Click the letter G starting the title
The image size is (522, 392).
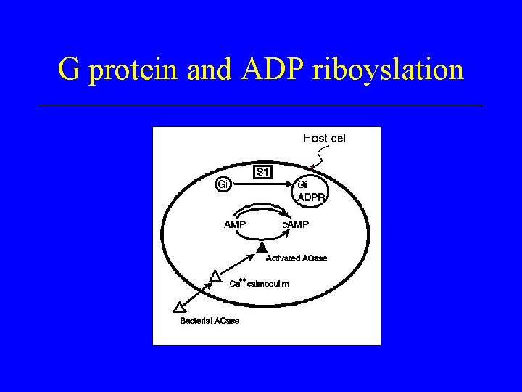[68, 70]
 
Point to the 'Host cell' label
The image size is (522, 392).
[325, 138]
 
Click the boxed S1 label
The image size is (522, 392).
[263, 171]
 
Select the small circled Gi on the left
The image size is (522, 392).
[223, 184]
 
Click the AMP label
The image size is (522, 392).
[234, 224]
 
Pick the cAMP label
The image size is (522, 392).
[295, 224]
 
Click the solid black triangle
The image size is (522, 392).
[262, 249]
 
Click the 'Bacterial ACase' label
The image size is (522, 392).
[210, 320]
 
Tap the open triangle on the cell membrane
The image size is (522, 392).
[215, 275]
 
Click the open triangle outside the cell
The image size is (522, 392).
[180, 307]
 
